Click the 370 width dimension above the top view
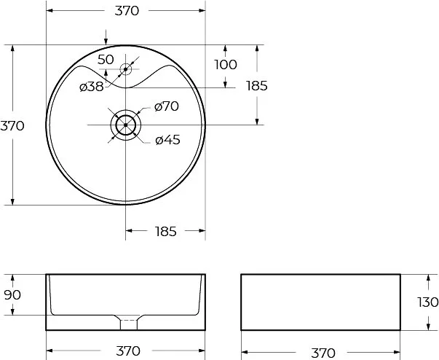click(x=127, y=11)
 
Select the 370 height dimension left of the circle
click(x=12, y=126)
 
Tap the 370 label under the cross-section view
click(x=127, y=351)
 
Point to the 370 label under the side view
click(x=323, y=353)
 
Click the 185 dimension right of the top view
click(x=257, y=86)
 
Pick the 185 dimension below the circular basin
click(x=166, y=232)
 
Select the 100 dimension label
click(x=226, y=65)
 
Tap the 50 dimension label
click(x=106, y=60)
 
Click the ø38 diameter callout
click(x=92, y=87)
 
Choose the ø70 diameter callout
click(x=167, y=106)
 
